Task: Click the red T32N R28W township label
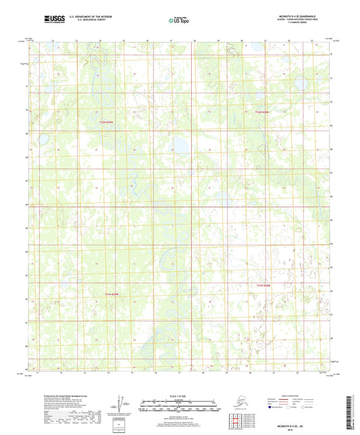262,112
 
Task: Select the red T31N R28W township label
263,286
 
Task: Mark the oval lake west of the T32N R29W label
42,140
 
